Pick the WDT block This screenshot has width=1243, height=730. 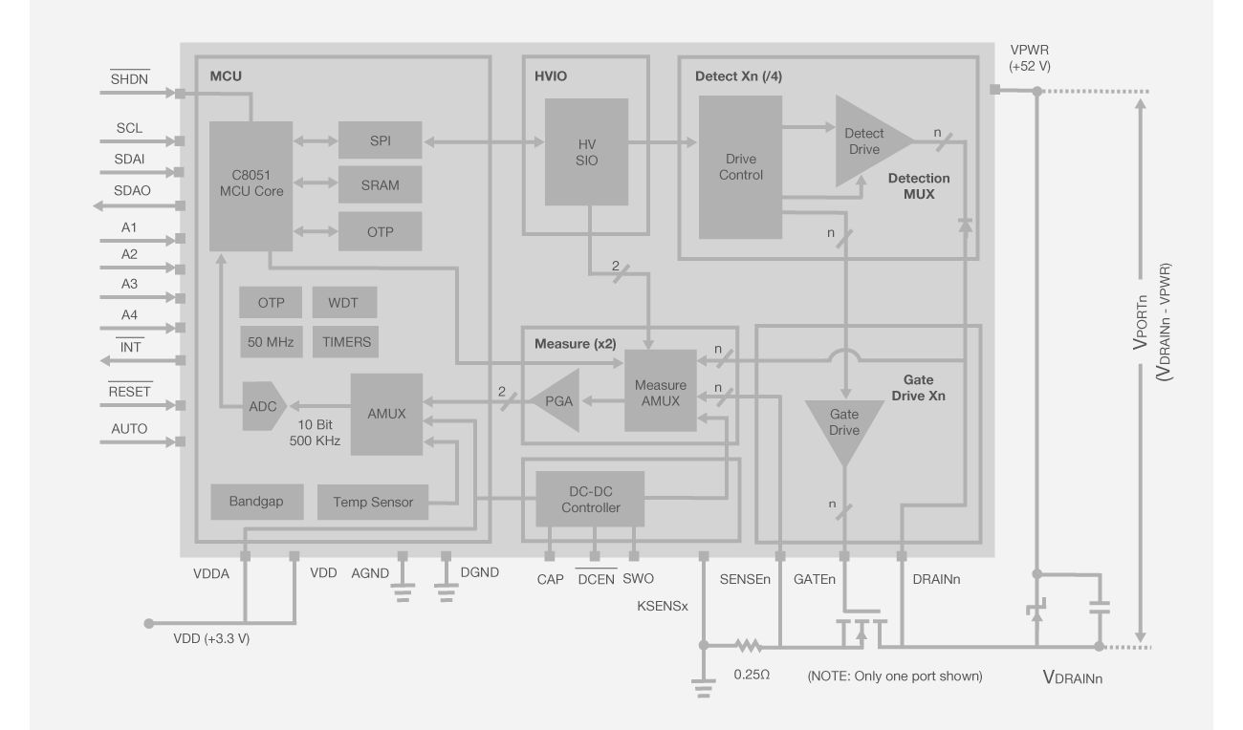click(344, 302)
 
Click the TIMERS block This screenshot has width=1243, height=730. click(344, 341)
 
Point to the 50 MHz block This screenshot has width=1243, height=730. click(271, 341)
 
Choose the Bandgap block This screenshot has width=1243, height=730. click(255, 501)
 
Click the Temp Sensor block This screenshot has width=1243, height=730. click(373, 501)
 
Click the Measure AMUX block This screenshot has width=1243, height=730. click(660, 390)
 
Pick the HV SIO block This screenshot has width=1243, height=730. click(586, 151)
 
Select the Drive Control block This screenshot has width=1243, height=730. click(740, 167)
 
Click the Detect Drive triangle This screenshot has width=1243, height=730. click(864, 141)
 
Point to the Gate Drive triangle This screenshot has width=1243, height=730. click(843, 426)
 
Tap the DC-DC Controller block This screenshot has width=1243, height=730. click(590, 498)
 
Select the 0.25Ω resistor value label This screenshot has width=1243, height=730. click(752, 673)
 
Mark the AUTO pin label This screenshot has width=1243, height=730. click(129, 429)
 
